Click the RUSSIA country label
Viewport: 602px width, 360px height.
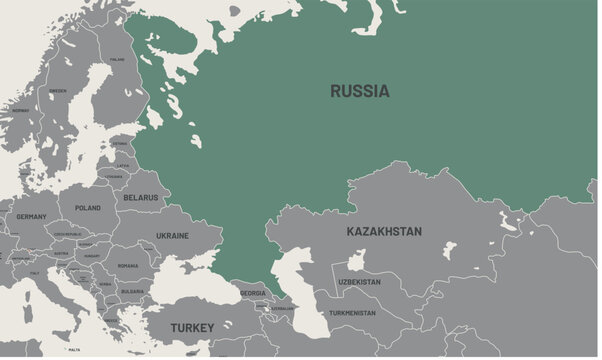(x=360, y=91)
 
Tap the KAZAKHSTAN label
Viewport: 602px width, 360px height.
(x=384, y=232)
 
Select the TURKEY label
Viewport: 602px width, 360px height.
(x=191, y=328)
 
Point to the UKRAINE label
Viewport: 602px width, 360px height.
(x=172, y=236)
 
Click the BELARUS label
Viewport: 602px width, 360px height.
(x=141, y=198)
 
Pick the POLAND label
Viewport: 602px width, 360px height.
(x=88, y=208)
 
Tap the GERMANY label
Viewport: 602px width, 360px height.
(x=31, y=217)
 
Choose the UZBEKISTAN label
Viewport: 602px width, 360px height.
(x=359, y=282)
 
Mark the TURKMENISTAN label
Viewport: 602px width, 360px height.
(x=353, y=313)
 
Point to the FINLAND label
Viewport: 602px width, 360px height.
(x=118, y=59)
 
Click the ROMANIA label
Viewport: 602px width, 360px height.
(x=127, y=266)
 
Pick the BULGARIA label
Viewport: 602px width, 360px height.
(x=132, y=291)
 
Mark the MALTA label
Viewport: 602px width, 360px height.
(x=73, y=351)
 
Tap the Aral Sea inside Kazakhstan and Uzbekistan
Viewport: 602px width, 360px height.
(x=356, y=262)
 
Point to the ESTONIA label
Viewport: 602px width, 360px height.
(x=121, y=143)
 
